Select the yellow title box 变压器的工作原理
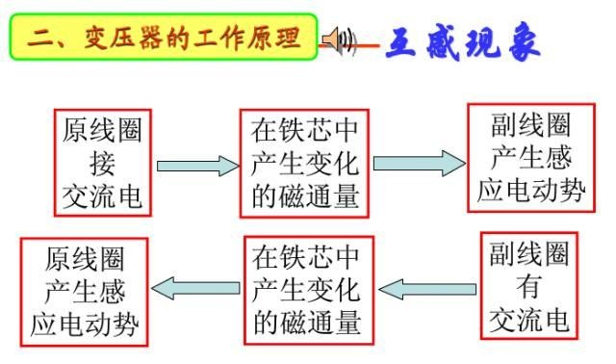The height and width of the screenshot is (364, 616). point(163,39)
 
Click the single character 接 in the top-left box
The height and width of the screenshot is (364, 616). point(102,163)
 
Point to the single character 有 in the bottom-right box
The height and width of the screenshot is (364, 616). point(529,286)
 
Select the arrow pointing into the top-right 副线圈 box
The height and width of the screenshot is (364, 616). point(419,163)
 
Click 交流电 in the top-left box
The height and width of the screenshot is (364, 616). point(102,195)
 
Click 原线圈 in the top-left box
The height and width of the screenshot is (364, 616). point(102,130)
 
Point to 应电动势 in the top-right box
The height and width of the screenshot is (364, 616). point(531,190)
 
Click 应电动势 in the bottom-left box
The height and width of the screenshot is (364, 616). point(85,322)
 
